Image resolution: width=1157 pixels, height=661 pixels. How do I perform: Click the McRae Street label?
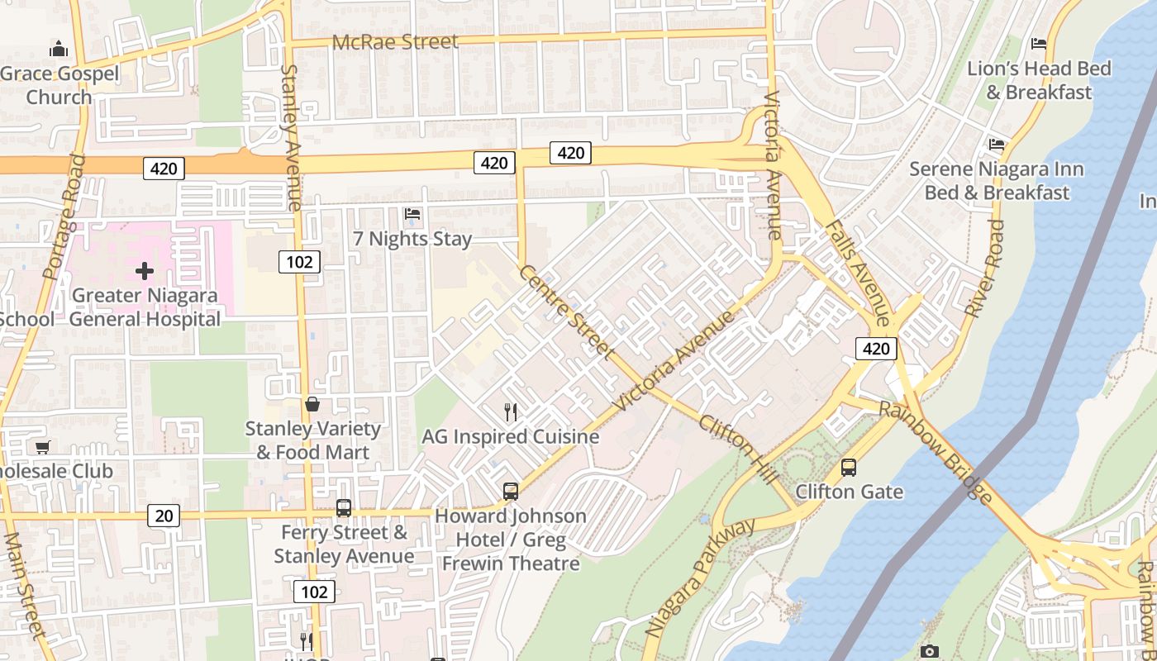click(394, 41)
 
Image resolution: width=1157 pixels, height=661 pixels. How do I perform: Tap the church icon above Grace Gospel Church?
click(58, 50)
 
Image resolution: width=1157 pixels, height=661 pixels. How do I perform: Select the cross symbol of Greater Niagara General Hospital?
click(145, 271)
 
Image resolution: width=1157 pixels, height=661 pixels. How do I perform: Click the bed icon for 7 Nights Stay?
click(412, 215)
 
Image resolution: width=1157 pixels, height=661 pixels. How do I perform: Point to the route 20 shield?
click(164, 516)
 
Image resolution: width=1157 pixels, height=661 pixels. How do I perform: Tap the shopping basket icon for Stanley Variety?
click(312, 404)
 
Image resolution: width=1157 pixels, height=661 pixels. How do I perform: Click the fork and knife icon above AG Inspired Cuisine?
click(511, 412)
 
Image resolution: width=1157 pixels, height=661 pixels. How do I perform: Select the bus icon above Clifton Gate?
click(849, 468)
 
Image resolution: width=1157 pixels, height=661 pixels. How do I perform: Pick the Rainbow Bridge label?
click(936, 452)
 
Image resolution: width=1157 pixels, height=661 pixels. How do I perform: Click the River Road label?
click(986, 268)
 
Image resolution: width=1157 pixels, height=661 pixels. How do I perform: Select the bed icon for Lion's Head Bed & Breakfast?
click(1039, 44)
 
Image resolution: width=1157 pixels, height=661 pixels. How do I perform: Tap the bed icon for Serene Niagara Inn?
click(997, 145)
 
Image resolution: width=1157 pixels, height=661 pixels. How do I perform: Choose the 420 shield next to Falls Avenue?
click(875, 349)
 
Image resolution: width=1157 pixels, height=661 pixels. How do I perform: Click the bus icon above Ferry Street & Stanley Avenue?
click(344, 508)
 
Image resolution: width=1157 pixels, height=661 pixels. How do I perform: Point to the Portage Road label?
click(64, 217)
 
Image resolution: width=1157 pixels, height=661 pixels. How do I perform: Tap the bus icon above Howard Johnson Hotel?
click(511, 492)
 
